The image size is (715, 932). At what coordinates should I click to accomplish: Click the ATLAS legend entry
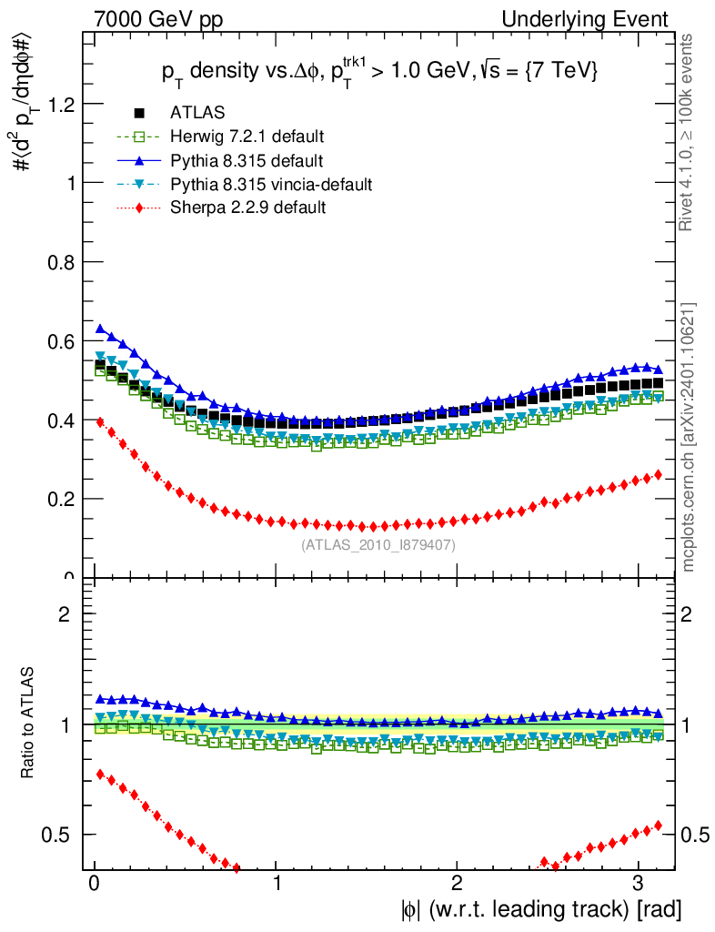pos(196,113)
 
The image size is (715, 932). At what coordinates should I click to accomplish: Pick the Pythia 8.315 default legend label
pos(247,161)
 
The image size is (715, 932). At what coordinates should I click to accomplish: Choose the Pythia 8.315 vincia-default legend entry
pos(270,185)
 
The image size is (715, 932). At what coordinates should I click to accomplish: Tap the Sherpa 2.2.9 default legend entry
pos(247,208)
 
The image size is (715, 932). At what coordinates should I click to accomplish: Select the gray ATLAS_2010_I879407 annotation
pos(378,545)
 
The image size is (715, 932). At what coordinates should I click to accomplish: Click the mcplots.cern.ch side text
pos(690,438)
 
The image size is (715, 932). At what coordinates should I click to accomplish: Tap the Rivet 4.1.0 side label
pos(690,132)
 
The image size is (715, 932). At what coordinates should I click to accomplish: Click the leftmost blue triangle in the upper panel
pos(101,329)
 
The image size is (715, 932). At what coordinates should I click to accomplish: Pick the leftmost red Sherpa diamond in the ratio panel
pos(101,774)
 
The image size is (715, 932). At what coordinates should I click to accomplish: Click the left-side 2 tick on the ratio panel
pos(65,613)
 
